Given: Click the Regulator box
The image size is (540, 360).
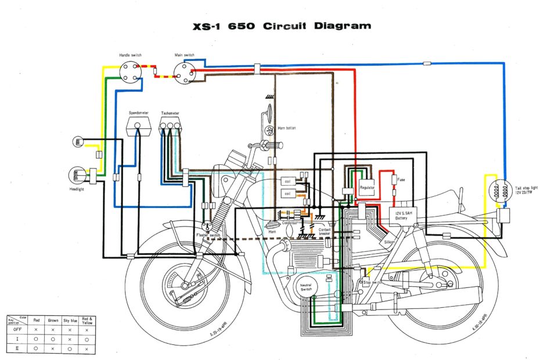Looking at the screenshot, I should click(x=367, y=187).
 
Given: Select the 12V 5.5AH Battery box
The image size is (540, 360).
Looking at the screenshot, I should click(x=402, y=216).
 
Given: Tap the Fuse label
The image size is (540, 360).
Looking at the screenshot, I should click(x=402, y=179).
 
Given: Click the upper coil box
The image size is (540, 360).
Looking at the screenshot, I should click(x=287, y=182).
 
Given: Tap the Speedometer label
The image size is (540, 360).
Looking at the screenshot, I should click(x=138, y=113).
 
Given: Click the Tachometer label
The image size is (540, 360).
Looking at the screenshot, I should click(x=170, y=113).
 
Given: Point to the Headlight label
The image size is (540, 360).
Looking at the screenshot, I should click(x=77, y=189).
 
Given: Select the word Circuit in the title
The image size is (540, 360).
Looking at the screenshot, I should click(x=287, y=26).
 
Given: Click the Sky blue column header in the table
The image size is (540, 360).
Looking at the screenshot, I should click(x=70, y=319).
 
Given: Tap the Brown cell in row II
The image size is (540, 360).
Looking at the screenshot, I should click(x=52, y=348).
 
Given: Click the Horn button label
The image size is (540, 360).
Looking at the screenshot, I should click(x=286, y=128).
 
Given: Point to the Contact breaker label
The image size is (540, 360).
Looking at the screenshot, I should click(x=325, y=231).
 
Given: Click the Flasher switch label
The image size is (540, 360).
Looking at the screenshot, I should click(x=208, y=235).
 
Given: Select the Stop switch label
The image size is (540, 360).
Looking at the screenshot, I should click(x=372, y=282).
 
